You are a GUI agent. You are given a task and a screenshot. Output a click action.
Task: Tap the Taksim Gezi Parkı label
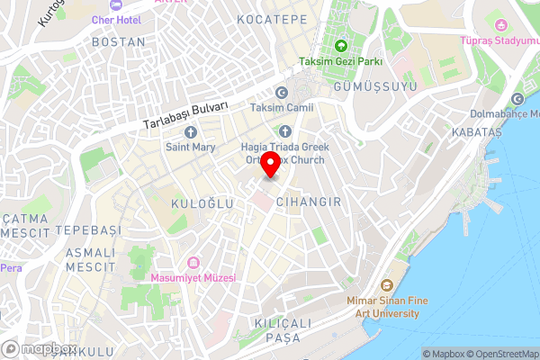pyautogui.click(x=341, y=62)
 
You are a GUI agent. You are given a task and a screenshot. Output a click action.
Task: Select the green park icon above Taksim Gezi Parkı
pyautogui.click(x=341, y=47)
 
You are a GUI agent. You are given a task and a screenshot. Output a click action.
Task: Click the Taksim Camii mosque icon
pyautogui.click(x=281, y=93)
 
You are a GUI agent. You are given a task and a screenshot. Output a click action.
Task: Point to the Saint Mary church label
pyautogui.click(x=189, y=146)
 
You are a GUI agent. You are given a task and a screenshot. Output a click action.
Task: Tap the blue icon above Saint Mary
pyautogui.click(x=190, y=131)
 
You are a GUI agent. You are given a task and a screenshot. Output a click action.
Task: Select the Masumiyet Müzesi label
pyautogui.click(x=193, y=278)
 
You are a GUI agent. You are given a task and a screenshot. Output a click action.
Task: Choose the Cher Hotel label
pyautogui.click(x=116, y=19)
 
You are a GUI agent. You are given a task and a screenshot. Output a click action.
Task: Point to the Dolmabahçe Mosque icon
pyautogui.click(x=517, y=99)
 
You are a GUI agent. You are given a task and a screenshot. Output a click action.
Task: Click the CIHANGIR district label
pyautogui.click(x=310, y=202)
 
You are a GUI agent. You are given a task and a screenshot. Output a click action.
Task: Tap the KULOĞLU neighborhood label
pyautogui.click(x=202, y=204)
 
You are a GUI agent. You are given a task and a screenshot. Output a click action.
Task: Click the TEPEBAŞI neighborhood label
pyautogui.click(x=87, y=230)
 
